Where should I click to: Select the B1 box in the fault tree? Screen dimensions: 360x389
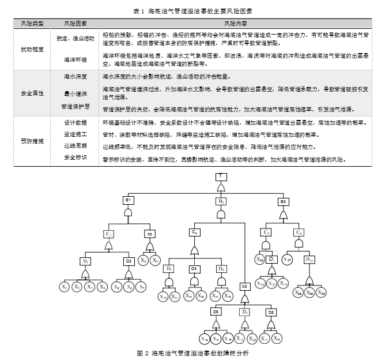129,200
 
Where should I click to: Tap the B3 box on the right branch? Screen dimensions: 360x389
282,201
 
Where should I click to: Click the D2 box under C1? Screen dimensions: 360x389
129,261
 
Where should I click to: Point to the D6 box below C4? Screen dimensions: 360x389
216,312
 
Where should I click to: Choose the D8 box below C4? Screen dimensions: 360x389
270,312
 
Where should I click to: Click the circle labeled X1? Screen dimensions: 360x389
65,287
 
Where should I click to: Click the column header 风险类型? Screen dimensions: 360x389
32,24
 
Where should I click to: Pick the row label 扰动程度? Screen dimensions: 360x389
32,49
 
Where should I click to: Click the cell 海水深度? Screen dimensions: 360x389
75,76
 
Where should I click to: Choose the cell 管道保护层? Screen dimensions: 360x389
75,107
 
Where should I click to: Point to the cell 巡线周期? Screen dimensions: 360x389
75,146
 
